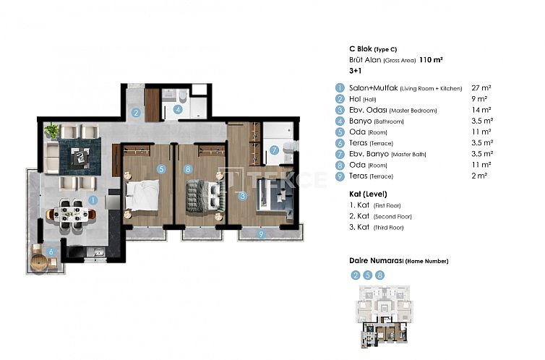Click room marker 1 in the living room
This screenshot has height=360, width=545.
tap(93, 199)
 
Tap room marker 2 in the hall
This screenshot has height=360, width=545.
tap(136, 112)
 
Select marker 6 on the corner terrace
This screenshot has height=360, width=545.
tap(50, 252)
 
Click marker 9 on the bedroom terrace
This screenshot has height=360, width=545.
tap(262, 233)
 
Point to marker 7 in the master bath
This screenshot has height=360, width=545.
tap(274, 150)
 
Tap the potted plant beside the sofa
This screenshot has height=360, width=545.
tap(51, 131)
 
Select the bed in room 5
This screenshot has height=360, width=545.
tap(147, 194)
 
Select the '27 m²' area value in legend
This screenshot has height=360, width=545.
tap(481, 87)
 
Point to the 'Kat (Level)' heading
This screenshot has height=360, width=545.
tap(368, 194)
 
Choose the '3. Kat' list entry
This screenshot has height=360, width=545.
tap(361, 228)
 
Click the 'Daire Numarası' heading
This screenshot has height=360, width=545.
tap(375, 260)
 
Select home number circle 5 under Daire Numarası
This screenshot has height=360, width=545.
tap(368, 275)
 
